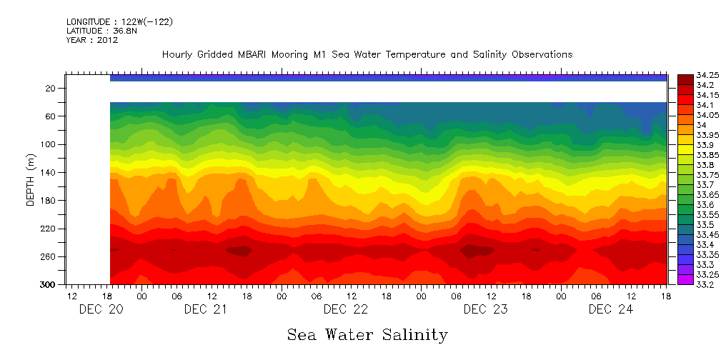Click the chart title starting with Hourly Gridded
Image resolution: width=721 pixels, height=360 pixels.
tap(367, 54)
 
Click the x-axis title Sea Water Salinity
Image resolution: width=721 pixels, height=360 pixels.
tap(367, 334)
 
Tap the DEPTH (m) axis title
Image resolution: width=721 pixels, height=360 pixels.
tap(31, 181)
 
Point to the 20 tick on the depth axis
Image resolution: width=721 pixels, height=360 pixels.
tap(51, 88)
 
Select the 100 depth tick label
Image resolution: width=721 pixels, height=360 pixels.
tap(49, 144)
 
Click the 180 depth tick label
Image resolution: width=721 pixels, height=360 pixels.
tap(49, 201)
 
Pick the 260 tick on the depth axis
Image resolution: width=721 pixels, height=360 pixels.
tap(49, 256)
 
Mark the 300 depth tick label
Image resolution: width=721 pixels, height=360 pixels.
tap(49, 284)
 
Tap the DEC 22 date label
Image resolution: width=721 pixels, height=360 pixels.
tap(345, 309)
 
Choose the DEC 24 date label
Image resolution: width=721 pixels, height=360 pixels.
tap(610, 309)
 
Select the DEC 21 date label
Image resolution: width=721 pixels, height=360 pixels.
tap(206, 309)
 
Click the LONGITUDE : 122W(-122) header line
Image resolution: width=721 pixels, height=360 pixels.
tap(119, 22)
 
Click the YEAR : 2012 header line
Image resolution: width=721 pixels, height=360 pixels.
tap(92, 41)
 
